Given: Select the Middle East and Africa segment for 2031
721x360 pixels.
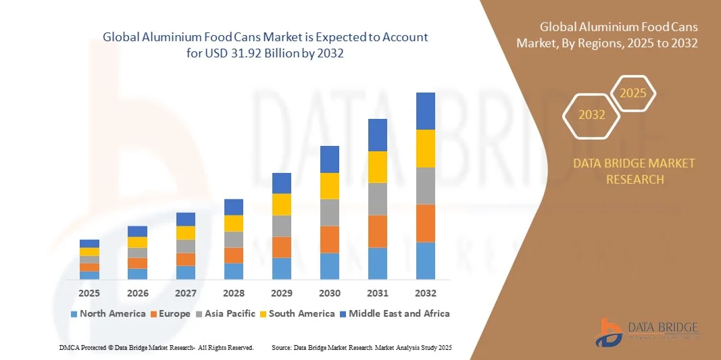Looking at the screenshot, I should click(x=377, y=135).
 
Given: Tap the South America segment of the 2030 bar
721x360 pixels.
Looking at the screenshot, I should click(x=329, y=186).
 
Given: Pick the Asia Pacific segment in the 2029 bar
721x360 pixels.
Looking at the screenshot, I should click(x=281, y=226).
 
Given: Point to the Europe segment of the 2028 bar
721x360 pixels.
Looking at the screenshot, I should click(x=233, y=255).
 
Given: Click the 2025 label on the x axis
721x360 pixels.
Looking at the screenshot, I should click(x=89, y=293).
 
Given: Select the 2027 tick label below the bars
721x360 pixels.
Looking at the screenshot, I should click(x=185, y=293).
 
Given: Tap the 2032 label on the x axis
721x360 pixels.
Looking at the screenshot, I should click(x=425, y=293).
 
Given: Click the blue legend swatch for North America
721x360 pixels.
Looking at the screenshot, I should click(x=74, y=314).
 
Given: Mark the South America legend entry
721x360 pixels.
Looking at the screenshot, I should click(x=301, y=313).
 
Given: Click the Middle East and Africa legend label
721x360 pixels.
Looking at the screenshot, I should click(x=399, y=313).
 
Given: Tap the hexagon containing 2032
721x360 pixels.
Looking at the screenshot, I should click(x=592, y=115).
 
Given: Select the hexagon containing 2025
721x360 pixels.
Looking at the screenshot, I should click(x=633, y=93).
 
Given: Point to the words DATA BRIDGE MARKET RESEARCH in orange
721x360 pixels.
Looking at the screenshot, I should click(x=634, y=172).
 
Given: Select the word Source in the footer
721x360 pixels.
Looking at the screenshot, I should click(x=281, y=348).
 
